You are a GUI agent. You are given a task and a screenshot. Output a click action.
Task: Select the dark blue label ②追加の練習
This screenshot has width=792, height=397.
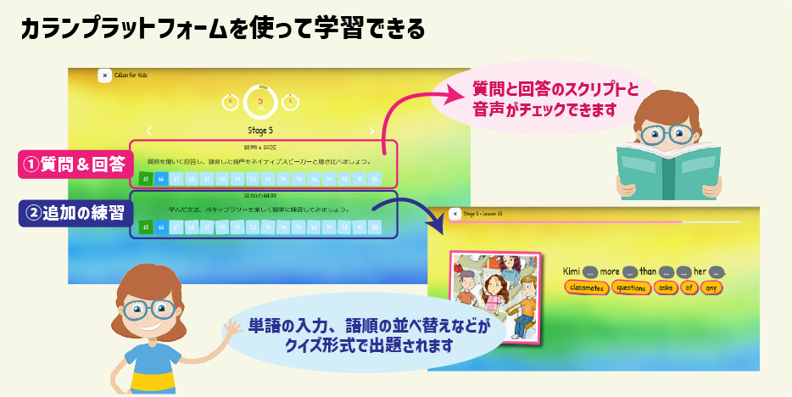point(75,213)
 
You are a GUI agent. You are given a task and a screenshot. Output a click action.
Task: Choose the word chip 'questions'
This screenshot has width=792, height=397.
point(632,288)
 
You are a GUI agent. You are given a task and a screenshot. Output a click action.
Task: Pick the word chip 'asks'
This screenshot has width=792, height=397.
point(667,288)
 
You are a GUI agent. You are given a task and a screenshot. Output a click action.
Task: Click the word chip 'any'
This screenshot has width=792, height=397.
point(711,288)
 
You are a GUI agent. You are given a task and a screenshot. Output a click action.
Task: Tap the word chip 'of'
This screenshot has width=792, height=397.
point(690,288)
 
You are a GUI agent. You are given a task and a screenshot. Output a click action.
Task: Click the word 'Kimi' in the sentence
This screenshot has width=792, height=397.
point(572,271)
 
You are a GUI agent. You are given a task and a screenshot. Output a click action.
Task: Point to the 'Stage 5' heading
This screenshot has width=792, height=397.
point(259,130)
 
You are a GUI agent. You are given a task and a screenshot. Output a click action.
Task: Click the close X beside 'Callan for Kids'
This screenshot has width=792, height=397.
point(104,75)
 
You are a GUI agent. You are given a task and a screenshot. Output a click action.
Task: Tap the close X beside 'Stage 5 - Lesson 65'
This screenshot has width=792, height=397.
point(455,215)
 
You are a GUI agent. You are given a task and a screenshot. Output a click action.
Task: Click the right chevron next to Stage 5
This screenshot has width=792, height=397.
point(371,130)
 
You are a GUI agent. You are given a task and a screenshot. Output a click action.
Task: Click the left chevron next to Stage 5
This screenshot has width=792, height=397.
point(150,130)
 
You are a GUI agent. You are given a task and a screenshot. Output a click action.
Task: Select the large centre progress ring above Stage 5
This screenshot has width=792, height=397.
point(259,102)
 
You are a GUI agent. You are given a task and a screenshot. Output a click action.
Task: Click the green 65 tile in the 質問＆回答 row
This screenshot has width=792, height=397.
point(147,179)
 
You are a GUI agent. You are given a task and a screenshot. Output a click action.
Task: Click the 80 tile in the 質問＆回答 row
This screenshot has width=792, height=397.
point(374,179)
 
